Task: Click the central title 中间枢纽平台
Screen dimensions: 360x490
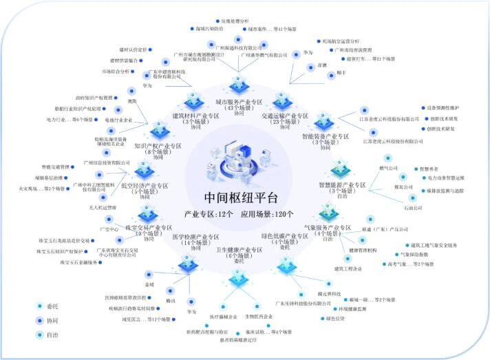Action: pyautogui.click(x=231, y=198)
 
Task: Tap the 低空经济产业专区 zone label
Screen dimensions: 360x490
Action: pyautogui.click(x=145, y=186)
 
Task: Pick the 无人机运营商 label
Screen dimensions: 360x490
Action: pyautogui.click(x=103, y=207)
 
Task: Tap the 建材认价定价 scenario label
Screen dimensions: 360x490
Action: pyautogui.click(x=134, y=50)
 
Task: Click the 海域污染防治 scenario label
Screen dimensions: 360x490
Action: pyautogui.click(x=209, y=29)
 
